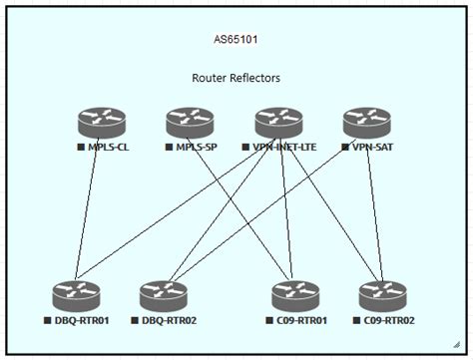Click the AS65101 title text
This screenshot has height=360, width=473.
click(x=236, y=41)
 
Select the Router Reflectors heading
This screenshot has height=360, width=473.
click(x=236, y=77)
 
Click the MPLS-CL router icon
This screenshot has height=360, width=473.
click(x=103, y=122)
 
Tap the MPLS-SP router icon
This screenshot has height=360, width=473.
click(x=190, y=122)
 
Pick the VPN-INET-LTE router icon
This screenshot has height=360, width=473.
click(x=278, y=122)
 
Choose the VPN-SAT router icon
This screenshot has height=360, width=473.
click(x=366, y=122)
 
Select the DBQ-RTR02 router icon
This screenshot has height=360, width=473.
click(x=164, y=295)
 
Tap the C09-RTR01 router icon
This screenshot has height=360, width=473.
click(x=296, y=295)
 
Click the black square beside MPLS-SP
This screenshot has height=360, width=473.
click(x=169, y=147)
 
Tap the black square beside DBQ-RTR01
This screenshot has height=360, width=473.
click(x=47, y=320)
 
